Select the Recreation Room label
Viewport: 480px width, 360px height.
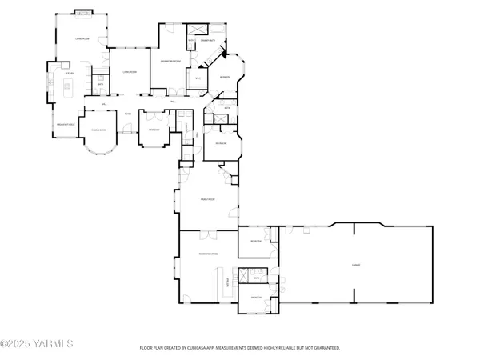coord(210,253)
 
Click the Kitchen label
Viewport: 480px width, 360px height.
coord(70,74)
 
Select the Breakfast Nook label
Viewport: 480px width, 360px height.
coord(65,126)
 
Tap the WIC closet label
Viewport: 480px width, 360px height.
coord(198,78)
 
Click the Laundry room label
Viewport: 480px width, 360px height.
coord(188,128)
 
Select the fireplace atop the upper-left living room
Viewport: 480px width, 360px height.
coord(83,13)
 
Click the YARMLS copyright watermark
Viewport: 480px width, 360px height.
coord(37,345)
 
